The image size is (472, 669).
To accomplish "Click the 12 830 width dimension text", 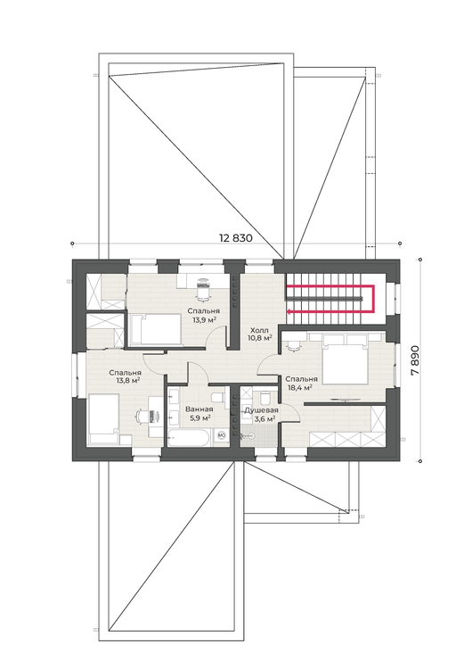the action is (236, 237).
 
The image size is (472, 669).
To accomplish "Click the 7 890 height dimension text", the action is (415, 360).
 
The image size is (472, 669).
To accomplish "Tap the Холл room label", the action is (259, 330).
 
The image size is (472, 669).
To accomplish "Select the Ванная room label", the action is (199, 409).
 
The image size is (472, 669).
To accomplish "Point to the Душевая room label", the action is (261, 410).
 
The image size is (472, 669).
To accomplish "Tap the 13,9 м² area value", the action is (204, 319).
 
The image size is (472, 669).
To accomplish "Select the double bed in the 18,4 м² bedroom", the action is (345, 359).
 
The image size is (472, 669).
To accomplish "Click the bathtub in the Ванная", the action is (188, 438).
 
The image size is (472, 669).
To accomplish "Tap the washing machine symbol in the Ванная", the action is (222, 434).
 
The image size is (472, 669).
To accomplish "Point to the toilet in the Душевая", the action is (265, 397).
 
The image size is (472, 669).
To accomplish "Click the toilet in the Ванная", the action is (218, 398).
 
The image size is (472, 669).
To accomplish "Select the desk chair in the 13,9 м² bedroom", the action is (203, 288).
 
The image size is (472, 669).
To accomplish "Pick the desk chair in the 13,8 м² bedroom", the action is (142, 416).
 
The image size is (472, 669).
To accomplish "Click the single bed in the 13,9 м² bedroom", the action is (155, 329).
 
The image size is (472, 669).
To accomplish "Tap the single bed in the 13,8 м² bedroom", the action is (103, 419).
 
